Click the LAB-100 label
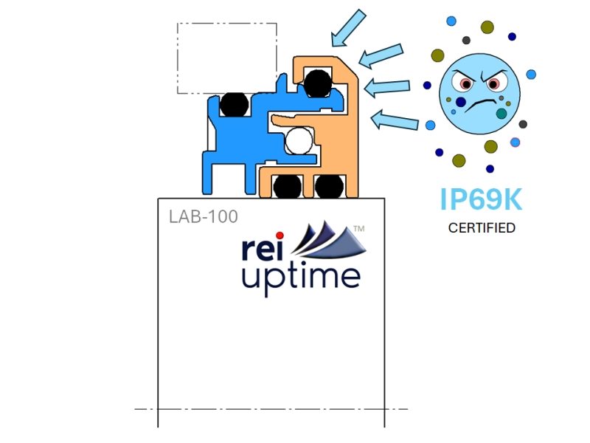coord(203,217)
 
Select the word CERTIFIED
coord(482,228)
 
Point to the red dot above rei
coord(280,236)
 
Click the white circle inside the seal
coord(299,140)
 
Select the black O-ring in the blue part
coord(234,103)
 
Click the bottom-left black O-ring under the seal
coord(287,186)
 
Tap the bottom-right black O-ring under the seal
coord(328,186)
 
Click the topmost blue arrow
coord(347,27)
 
